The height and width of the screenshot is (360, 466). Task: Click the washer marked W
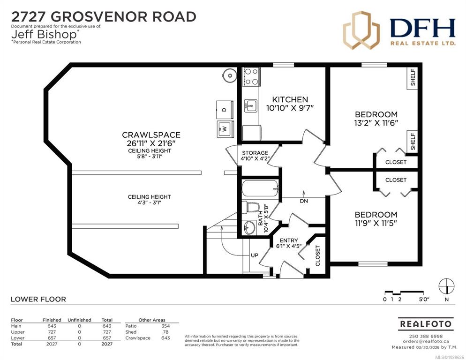click(x=225, y=129)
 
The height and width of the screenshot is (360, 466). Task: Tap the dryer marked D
click(x=225, y=110)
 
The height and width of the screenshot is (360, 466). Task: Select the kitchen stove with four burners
click(x=251, y=77)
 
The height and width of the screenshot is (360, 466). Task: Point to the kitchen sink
click(x=250, y=105)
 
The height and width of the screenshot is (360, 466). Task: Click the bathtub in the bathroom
click(x=260, y=188)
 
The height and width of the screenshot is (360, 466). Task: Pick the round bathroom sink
click(x=248, y=228)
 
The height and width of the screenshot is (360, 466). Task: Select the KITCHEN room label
click(x=290, y=99)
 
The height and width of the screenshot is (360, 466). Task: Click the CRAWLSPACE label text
click(x=151, y=135)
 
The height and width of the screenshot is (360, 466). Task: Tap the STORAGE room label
click(x=255, y=153)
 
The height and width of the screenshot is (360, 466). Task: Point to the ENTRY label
click(x=289, y=240)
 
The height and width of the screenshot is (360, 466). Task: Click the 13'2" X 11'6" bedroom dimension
click(x=376, y=123)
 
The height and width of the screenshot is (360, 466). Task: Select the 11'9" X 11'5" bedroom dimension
click(x=376, y=223)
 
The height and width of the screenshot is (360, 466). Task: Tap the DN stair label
click(x=304, y=201)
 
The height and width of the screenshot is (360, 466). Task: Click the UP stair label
click(x=255, y=255)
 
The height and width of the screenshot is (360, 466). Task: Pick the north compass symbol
click(x=447, y=286)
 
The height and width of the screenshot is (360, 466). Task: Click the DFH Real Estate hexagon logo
click(x=361, y=30)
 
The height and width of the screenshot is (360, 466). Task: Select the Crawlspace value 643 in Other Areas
click(x=165, y=338)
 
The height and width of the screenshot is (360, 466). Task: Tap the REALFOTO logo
click(x=426, y=324)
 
